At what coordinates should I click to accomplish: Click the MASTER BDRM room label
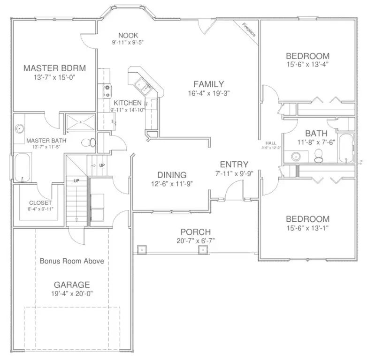[54, 68]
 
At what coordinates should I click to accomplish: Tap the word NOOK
[128, 35]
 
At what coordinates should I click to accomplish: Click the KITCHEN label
[127, 103]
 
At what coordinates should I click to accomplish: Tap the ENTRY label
[234, 165]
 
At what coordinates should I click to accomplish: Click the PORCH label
[195, 232]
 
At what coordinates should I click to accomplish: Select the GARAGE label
[71, 285]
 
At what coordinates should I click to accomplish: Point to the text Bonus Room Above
[71, 261]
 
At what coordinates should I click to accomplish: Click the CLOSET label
[40, 203]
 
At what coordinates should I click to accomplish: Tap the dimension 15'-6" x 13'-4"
[307, 65]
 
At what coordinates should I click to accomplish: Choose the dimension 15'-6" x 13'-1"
[307, 228]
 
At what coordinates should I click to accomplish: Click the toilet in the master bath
[87, 142]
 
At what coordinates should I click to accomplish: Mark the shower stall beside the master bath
[80, 122]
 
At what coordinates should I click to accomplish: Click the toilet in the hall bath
[318, 155]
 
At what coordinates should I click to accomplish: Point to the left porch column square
[140, 249]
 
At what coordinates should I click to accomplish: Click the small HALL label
[271, 143]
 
